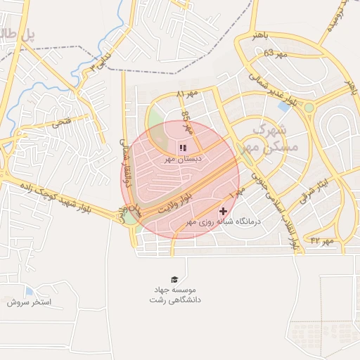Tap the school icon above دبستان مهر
[x=183, y=148]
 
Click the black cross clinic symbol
[x=224, y=210]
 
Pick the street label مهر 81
[x=188, y=94]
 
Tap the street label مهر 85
[x=186, y=121]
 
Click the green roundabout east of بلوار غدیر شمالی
[x=308, y=107]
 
